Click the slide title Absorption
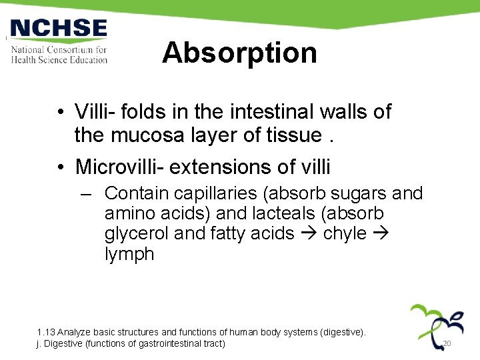coord(239,53)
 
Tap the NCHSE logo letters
coord(59,29)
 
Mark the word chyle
coord(345,233)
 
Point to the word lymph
coord(129,254)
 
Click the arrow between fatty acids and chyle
coord(308,233)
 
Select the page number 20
coord(447,343)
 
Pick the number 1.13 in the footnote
coord(46,332)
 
